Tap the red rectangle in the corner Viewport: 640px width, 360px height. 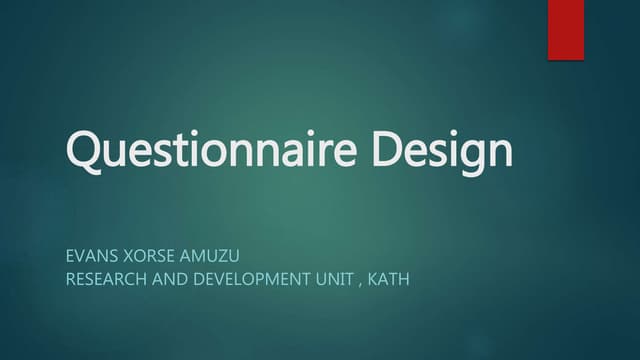click(565, 30)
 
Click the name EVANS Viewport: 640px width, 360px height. click(90, 256)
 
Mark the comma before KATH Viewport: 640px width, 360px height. click(359, 283)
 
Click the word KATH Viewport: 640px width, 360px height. click(389, 279)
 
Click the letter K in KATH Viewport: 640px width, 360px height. click(373, 279)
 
